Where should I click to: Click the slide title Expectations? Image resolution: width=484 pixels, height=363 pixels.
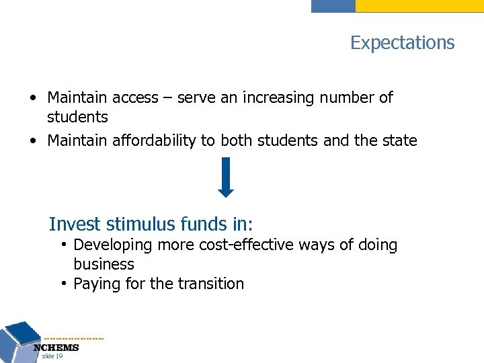tap(402, 43)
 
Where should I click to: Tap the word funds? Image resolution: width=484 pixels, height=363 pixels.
tap(200, 223)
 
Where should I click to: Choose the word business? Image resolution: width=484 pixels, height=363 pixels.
tap(104, 265)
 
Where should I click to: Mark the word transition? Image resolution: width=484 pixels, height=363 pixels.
tap(211, 284)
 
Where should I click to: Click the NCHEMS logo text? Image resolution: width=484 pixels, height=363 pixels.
tap(56, 348)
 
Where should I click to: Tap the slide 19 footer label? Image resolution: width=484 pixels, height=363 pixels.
tap(52, 356)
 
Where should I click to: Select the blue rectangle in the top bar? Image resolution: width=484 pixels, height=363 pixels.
tap(333, 6)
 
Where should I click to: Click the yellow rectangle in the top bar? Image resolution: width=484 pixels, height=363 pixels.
tap(419, 6)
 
